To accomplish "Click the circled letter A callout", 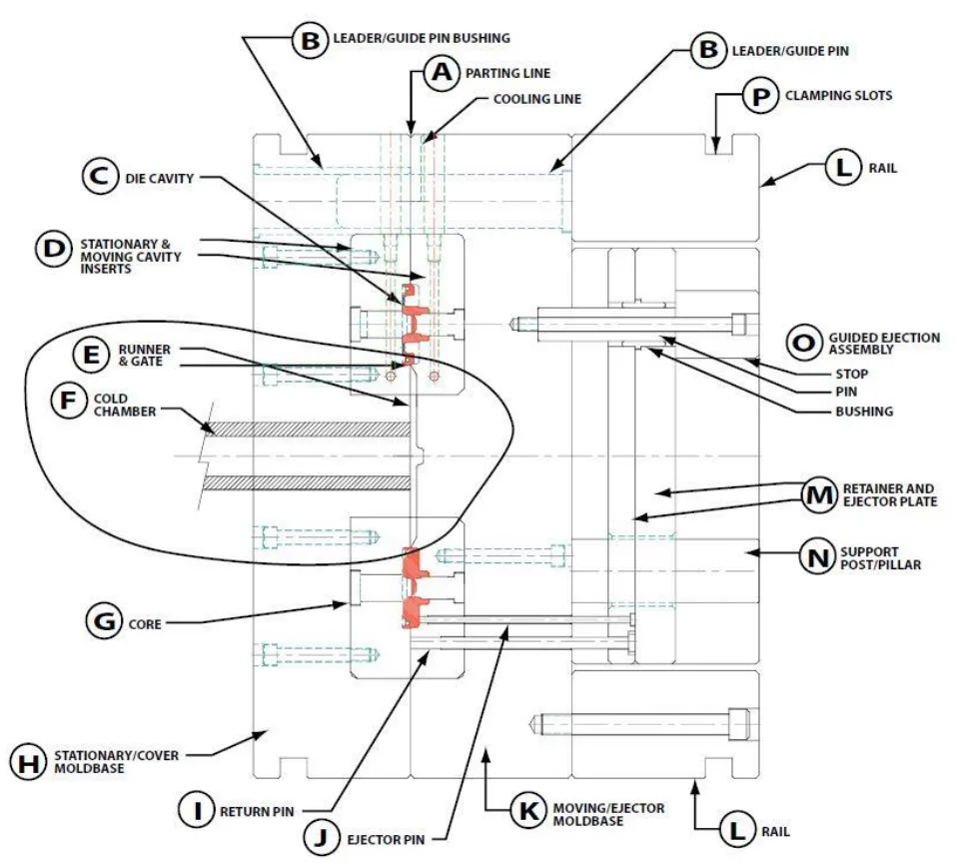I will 442,73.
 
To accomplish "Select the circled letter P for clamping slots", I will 759,96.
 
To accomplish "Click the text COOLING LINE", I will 537,100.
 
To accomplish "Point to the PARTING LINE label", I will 507,73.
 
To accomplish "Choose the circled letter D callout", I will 54,250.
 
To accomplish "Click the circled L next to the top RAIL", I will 843,168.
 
